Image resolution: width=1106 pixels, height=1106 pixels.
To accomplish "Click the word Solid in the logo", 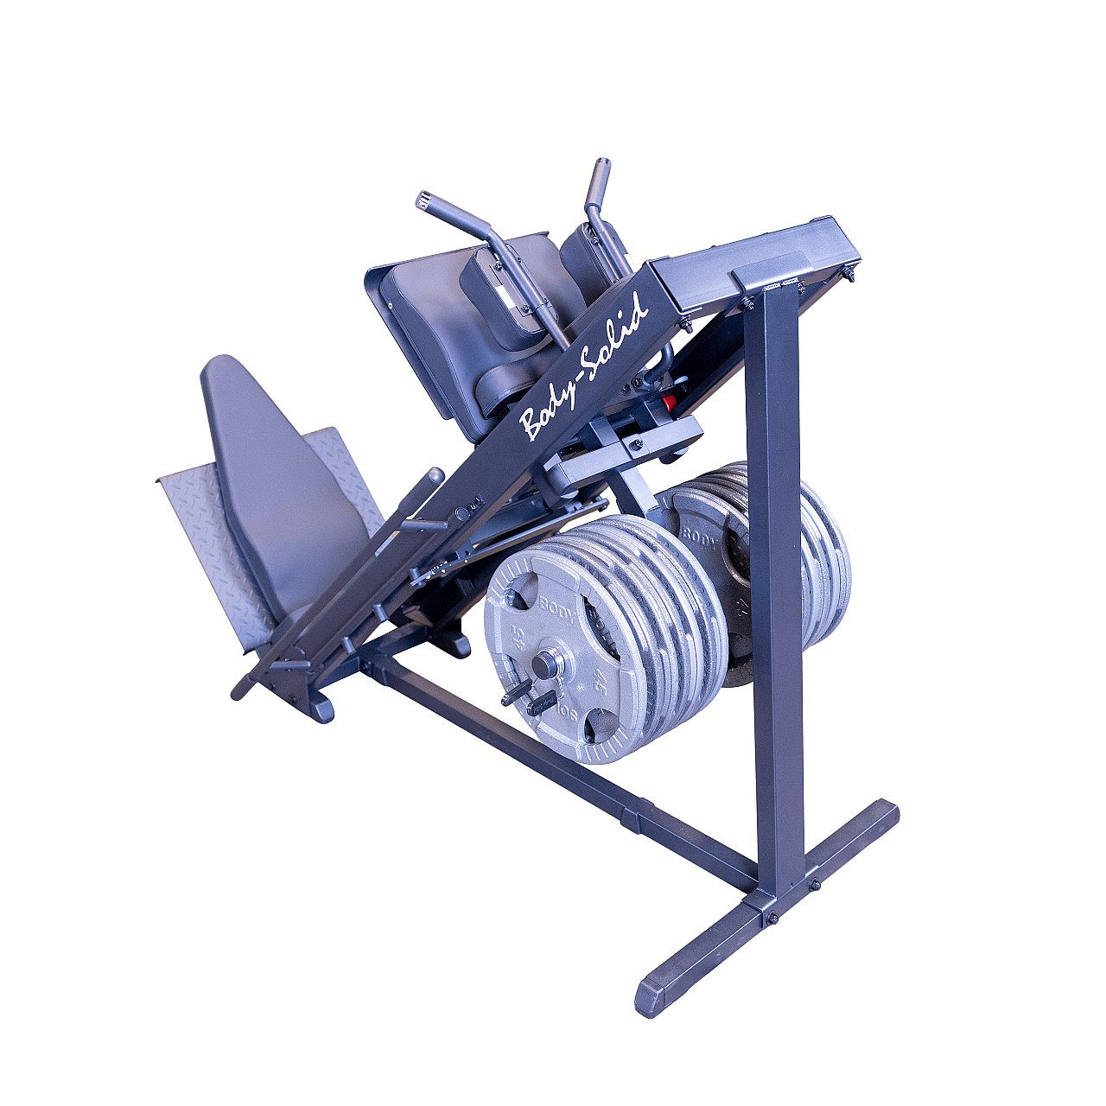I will tap(615, 333).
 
